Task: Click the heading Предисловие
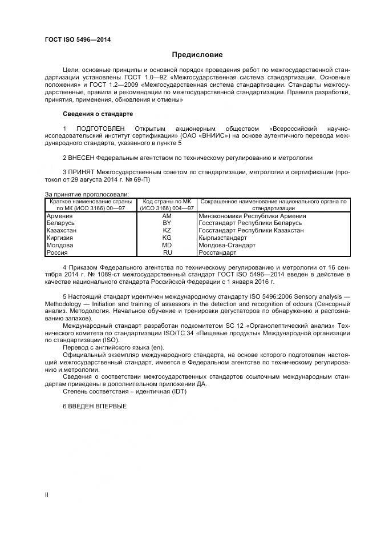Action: point(197,55)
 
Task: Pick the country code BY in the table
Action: point(167,223)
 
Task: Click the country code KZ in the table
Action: point(167,231)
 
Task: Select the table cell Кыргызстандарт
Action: point(226,238)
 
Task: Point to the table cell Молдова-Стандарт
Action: point(227,245)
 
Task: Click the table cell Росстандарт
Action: point(217,252)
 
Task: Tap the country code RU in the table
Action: point(167,252)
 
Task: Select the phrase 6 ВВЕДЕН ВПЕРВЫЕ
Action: point(94,406)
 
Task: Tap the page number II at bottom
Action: point(47,495)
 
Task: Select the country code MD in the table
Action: point(167,245)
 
